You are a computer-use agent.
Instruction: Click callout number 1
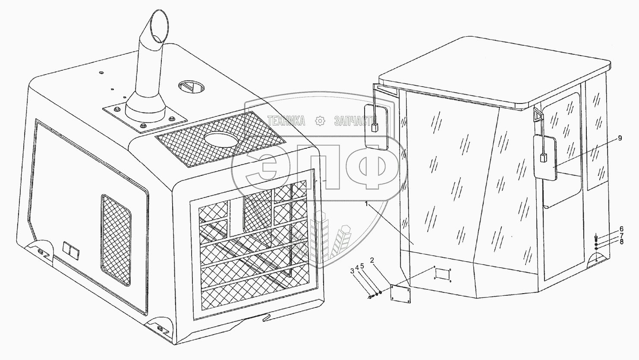point(367,204)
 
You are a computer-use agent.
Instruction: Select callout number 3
point(352,271)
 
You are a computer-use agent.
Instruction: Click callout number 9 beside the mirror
point(620,138)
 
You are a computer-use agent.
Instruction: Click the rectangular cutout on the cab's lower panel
point(442,274)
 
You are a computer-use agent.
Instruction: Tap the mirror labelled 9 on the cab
point(545,157)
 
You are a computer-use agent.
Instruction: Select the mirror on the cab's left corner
point(376,128)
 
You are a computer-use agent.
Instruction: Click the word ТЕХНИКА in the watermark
point(286,121)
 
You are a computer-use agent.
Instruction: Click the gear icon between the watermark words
point(320,121)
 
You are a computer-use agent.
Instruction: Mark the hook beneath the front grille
point(265,319)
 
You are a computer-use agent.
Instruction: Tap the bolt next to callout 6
point(596,237)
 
